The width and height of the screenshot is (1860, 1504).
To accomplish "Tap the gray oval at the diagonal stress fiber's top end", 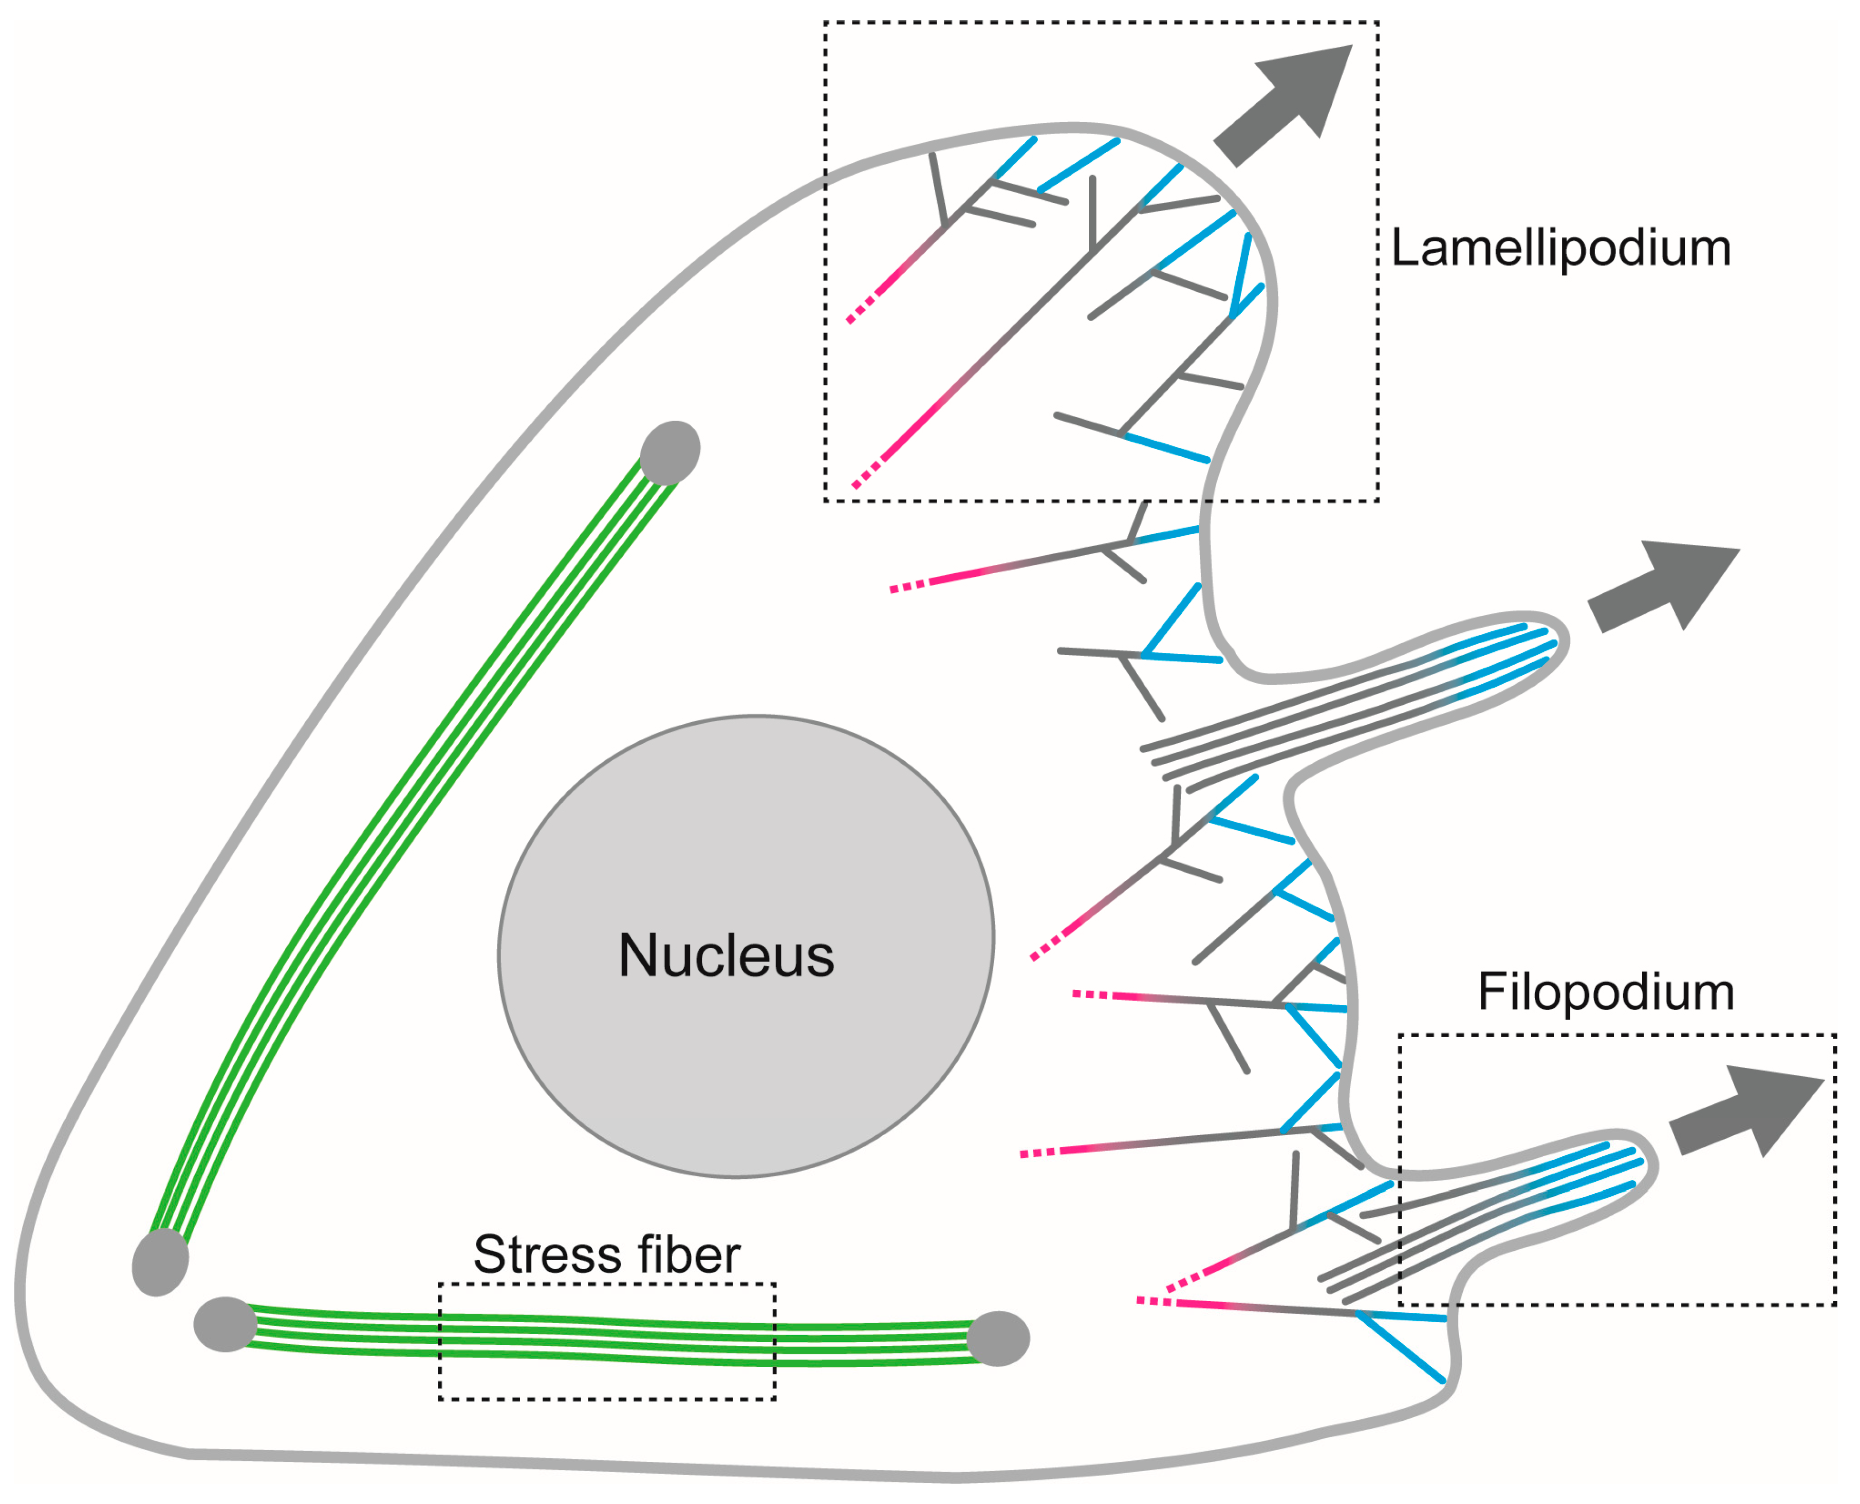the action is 670,452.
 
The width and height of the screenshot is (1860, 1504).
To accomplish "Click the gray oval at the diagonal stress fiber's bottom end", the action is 160,1262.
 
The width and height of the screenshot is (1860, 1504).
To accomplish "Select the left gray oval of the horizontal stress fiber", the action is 226,1324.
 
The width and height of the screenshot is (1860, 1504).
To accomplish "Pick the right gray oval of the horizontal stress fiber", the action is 998,1339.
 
